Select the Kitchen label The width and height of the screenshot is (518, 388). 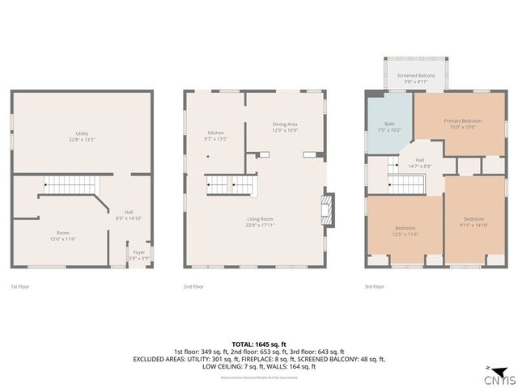[x=215, y=135]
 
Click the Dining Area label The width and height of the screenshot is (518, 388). [x=285, y=126]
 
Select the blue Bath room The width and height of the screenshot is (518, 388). [x=389, y=127]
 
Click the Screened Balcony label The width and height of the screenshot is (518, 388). [x=415, y=78]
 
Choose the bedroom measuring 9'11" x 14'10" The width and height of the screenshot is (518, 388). [x=474, y=222]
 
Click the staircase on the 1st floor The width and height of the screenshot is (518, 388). [x=66, y=185]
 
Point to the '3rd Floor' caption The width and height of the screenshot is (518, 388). [x=374, y=286]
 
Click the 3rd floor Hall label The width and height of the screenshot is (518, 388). [x=419, y=162]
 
